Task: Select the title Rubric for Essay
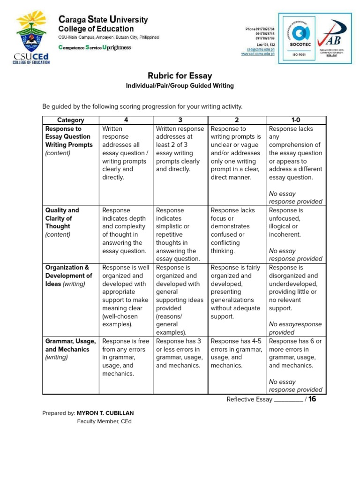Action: [x=180, y=76]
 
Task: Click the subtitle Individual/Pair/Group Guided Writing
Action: [x=180, y=86]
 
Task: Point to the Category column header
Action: [x=71, y=120]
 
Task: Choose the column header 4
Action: [x=126, y=120]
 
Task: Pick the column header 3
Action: [x=180, y=120]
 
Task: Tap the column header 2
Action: [x=237, y=120]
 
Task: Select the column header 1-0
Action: [x=295, y=120]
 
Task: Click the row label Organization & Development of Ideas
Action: [x=68, y=276]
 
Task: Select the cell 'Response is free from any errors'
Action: [x=126, y=357]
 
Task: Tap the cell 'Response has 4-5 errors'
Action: [x=236, y=353]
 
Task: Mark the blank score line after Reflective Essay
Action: [x=288, y=400]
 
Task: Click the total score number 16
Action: [x=313, y=399]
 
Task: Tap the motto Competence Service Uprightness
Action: [x=94, y=47]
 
